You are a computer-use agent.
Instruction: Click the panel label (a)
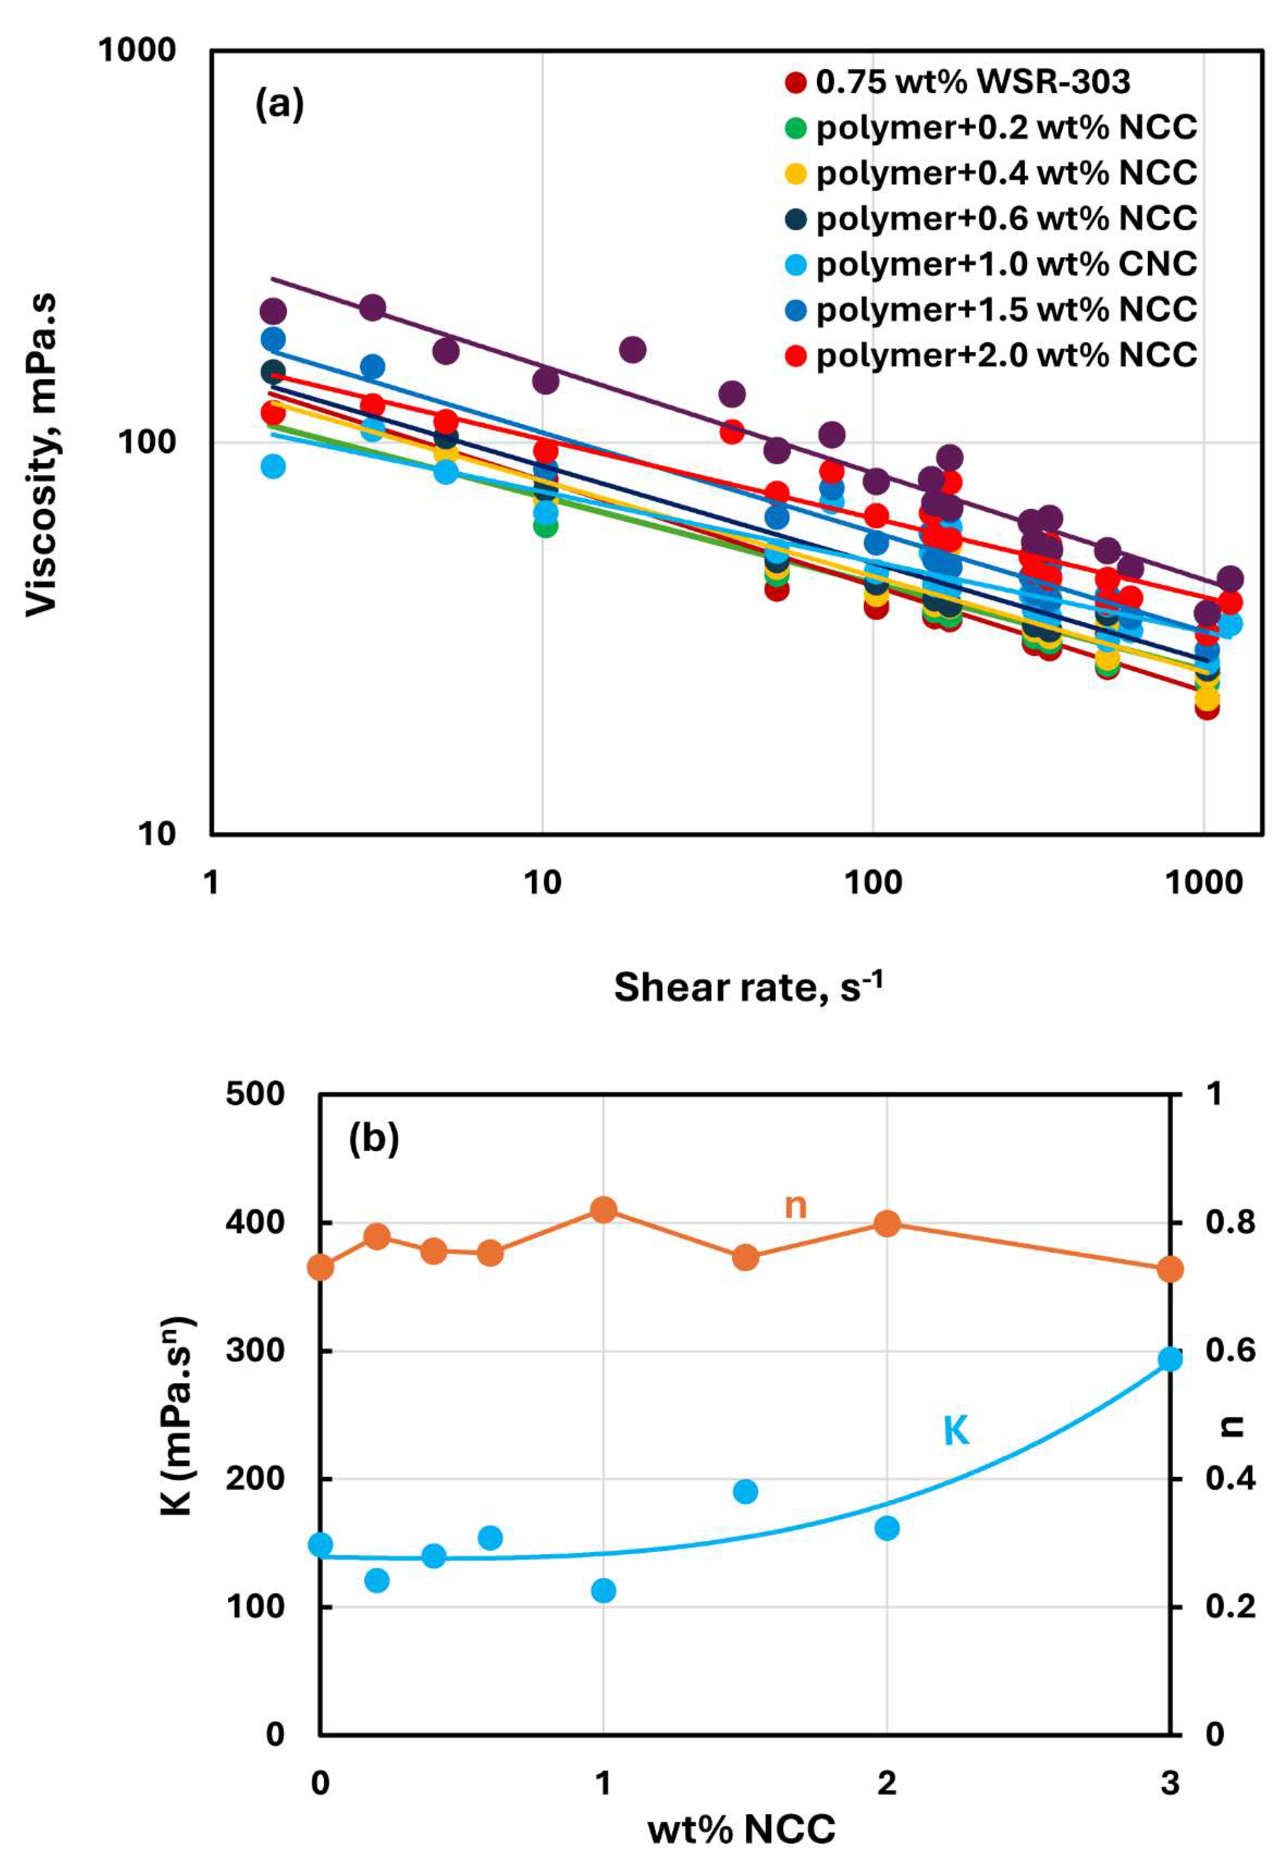click(279, 105)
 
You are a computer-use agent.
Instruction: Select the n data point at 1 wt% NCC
click(603, 1210)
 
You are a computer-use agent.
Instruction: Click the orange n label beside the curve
click(795, 1207)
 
